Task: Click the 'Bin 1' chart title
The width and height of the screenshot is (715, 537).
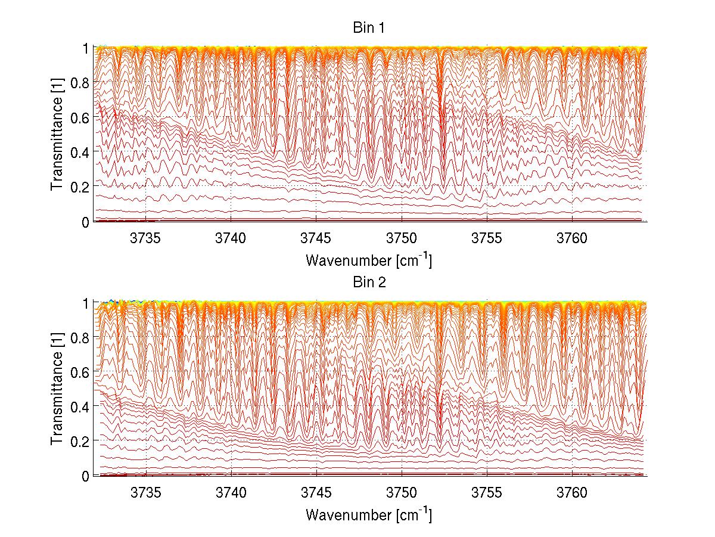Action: [x=370, y=28]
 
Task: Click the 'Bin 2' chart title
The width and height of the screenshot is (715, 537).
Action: [x=370, y=283]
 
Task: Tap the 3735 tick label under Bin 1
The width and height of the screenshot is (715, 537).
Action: [x=146, y=238]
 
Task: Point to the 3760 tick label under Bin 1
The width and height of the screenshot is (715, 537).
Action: [x=572, y=238]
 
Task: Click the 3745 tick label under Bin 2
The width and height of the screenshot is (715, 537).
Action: [x=316, y=493]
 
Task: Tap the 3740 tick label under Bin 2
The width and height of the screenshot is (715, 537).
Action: [x=231, y=493]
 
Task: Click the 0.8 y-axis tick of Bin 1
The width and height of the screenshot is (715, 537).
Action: [x=80, y=82]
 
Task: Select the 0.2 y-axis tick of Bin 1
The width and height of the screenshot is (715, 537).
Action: [x=80, y=187]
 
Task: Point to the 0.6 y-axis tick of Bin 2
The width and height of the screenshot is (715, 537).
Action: [x=80, y=371]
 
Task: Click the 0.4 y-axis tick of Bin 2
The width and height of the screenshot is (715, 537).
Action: [x=80, y=406]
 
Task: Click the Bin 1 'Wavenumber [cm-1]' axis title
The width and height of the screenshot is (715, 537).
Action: [x=369, y=260]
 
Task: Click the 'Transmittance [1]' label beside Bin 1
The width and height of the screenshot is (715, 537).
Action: [x=57, y=134]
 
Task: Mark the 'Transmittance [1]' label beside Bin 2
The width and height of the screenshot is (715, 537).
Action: [x=57, y=389]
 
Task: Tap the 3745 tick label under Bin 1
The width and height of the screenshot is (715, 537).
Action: [x=316, y=238]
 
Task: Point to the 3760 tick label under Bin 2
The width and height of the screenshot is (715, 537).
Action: [x=572, y=493]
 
